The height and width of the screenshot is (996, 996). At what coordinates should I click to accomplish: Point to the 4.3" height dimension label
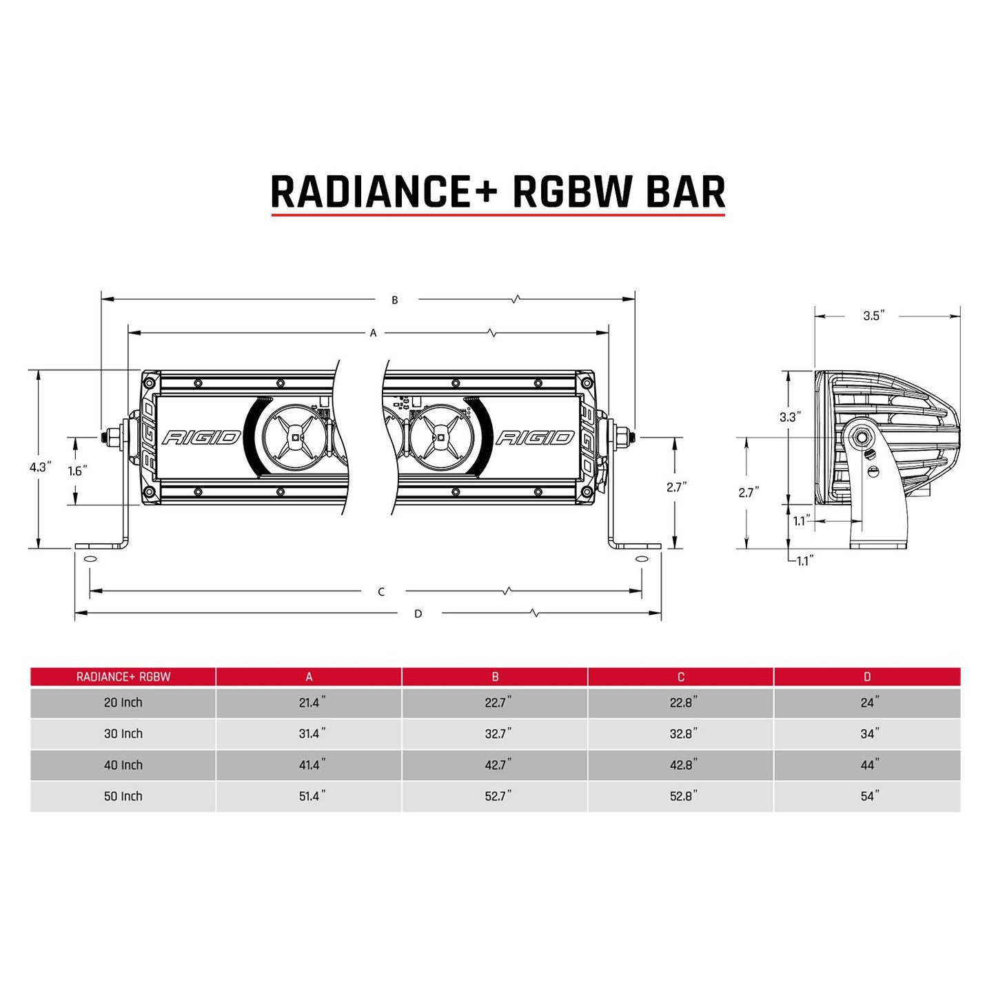click(39, 467)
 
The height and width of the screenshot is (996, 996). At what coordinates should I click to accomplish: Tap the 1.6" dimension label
click(77, 471)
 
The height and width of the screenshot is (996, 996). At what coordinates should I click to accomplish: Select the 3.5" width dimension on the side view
click(873, 316)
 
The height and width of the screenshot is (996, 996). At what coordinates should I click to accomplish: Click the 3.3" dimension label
click(790, 417)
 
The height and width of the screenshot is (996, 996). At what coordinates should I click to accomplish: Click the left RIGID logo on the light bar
click(201, 438)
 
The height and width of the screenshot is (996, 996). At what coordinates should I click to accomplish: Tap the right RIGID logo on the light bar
click(535, 438)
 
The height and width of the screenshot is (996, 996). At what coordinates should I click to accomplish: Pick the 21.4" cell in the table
click(311, 702)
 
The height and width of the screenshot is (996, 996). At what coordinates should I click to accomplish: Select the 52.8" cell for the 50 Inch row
click(682, 796)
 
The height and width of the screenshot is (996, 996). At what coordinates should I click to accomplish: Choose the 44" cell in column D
click(868, 765)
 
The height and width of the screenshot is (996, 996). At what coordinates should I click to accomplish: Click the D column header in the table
click(867, 677)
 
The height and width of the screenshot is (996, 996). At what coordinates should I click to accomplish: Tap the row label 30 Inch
click(123, 734)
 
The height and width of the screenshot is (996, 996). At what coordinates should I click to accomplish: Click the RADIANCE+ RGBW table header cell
click(123, 677)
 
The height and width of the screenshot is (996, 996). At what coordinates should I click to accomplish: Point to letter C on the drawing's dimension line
click(381, 591)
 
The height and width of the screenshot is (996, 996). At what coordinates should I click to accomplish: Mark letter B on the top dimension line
click(395, 300)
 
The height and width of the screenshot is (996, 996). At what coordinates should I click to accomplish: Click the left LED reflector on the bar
click(295, 438)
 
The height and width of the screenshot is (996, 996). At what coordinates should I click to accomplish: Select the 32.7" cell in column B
click(497, 734)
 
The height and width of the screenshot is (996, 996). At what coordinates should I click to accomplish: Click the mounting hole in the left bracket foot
click(90, 558)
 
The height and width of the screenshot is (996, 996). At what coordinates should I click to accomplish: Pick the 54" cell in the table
click(868, 796)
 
